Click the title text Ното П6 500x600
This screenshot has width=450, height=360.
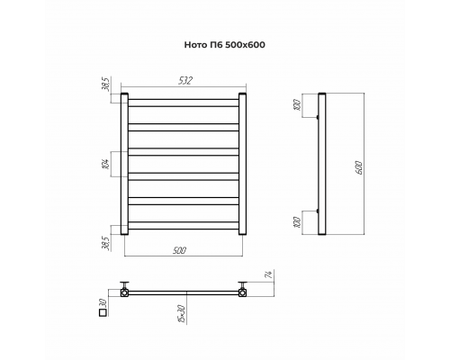pyautogui.click(x=224, y=45)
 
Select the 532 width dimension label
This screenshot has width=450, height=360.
pyautogui.click(x=185, y=81)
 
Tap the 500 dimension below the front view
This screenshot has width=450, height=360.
pyautogui.click(x=180, y=250)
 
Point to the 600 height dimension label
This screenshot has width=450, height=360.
pyautogui.click(x=360, y=167)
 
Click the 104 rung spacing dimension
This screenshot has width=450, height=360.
pyautogui.click(x=106, y=164)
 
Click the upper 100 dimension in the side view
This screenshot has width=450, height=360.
pyautogui.click(x=297, y=105)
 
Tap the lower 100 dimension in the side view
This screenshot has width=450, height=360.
pyautogui.click(x=297, y=222)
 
